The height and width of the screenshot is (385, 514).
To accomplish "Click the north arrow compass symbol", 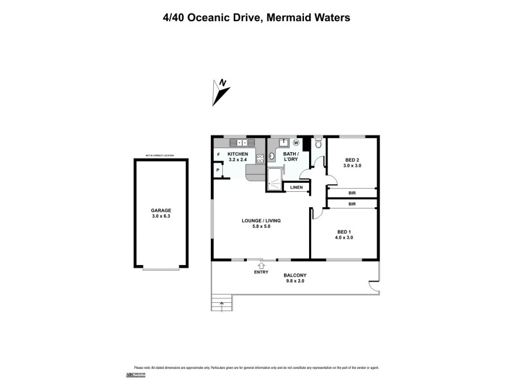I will coord(221,91).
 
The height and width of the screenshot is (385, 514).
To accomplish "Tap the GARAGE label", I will coord(161,210).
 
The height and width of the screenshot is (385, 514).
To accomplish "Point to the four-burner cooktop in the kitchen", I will coord(260,158).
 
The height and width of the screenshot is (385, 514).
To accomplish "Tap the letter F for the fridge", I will coord(218,155).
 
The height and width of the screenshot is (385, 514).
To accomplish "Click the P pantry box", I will coord(218,170).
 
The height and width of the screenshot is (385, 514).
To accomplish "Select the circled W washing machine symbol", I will coord(296,143).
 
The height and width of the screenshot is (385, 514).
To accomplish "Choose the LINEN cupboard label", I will coord(296,187).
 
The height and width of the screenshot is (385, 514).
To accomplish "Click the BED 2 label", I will coord(352,160).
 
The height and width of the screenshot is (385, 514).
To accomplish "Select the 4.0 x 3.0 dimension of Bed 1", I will coord(344,237).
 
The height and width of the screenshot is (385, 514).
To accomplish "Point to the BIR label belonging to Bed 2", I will coord(352,193).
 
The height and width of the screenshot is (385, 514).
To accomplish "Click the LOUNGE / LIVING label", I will coord(261,221).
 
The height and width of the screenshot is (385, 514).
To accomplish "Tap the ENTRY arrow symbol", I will coord(261,264).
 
